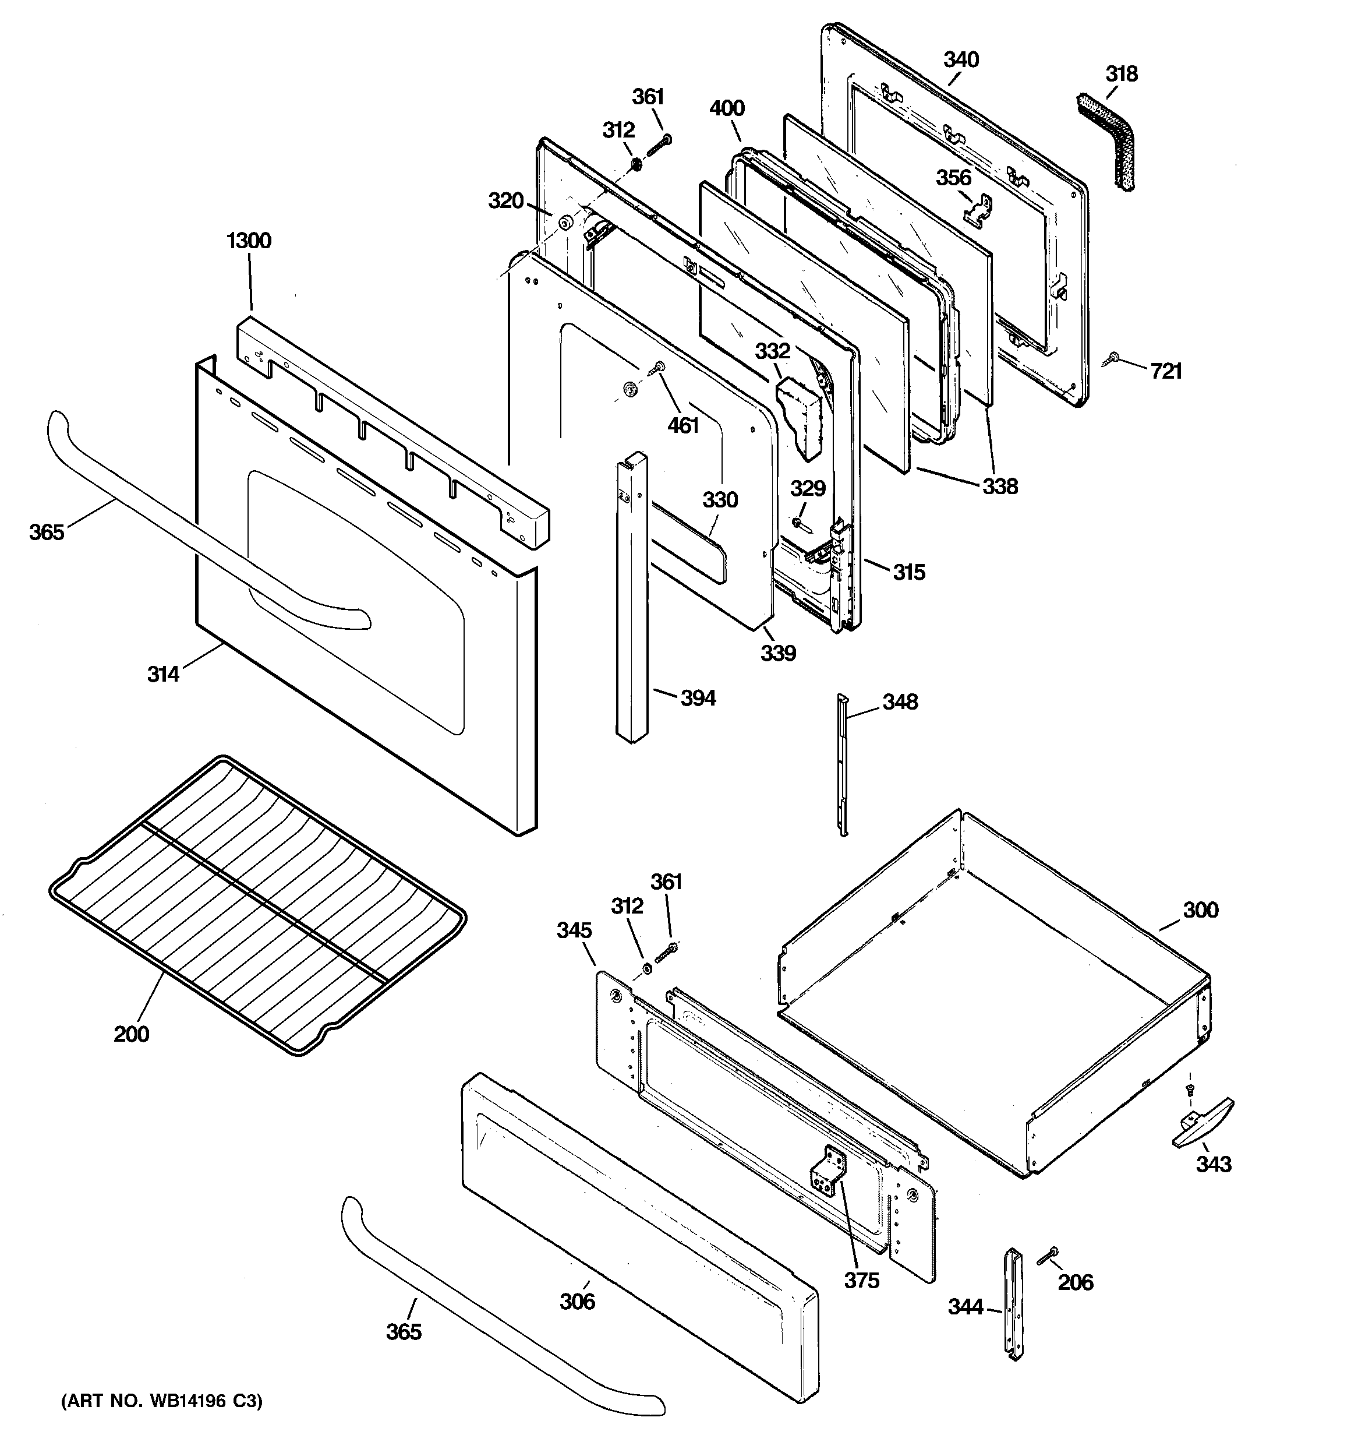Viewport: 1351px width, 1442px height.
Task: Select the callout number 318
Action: [x=1121, y=74]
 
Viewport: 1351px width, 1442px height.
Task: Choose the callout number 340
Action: [x=961, y=59]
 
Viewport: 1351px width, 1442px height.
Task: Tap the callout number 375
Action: [x=861, y=1280]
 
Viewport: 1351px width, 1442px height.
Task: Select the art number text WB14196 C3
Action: [x=161, y=1401]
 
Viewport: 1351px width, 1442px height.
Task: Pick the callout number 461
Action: [x=682, y=425]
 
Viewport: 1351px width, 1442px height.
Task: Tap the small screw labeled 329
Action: [x=798, y=522]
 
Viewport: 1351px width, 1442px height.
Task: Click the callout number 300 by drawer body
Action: [x=1200, y=909]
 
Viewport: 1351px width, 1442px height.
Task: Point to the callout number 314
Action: [x=163, y=675]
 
